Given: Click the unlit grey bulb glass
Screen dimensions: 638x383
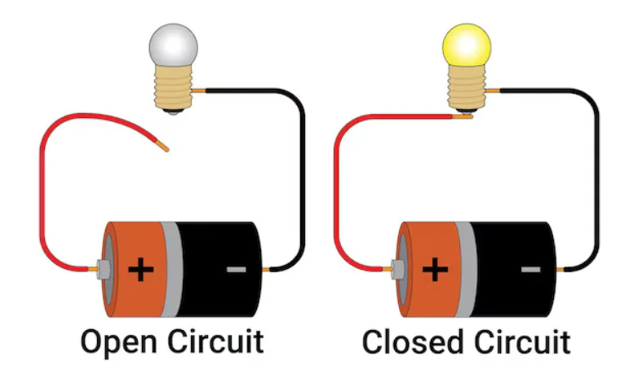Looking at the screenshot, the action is [x=173, y=46].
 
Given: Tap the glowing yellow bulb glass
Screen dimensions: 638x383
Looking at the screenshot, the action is [x=467, y=45].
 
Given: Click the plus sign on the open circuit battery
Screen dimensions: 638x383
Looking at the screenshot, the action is [x=141, y=269].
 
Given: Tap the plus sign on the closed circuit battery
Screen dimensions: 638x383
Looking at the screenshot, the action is [x=435, y=269].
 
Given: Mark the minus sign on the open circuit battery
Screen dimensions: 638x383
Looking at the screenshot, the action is [x=236, y=269].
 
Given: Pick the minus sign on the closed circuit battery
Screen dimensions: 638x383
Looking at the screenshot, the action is [x=530, y=269].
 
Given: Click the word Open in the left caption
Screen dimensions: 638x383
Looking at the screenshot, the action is [x=119, y=342].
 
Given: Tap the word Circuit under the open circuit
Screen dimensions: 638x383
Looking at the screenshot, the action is [x=215, y=341].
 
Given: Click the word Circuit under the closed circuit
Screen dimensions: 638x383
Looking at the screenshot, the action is [x=522, y=341].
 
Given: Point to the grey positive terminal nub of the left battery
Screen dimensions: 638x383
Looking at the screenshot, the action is [x=104, y=269].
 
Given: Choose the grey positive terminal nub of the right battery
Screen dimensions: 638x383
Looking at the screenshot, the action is [x=397, y=269].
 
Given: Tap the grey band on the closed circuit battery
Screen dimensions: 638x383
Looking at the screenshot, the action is [x=466, y=269].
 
